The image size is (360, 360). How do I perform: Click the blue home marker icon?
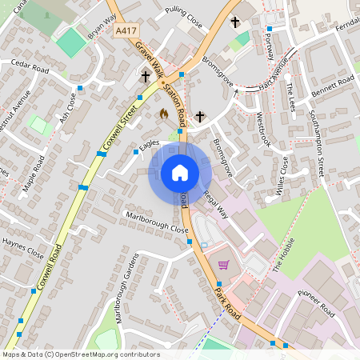tap(180, 173)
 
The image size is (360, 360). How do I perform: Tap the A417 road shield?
tap(124, 30)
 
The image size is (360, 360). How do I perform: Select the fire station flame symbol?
tap(165, 114)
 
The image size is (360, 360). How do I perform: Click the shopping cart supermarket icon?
tap(224, 265)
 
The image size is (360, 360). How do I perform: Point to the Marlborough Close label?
tap(157, 222)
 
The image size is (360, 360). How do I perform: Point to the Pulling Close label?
tap(183, 18)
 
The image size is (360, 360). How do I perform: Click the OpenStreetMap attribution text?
tap(80, 354)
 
